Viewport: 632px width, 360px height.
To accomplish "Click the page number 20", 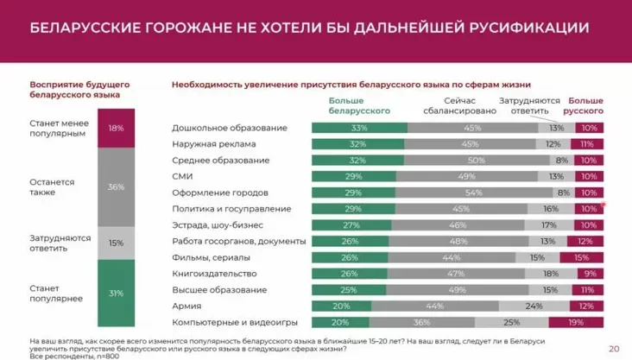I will [x=614, y=348].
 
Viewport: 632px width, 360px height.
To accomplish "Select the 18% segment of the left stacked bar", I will [x=116, y=129].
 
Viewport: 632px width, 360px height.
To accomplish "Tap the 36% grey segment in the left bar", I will [x=116, y=187].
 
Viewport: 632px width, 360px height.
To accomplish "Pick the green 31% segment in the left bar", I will [x=116, y=293].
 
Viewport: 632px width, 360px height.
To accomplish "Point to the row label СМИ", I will [x=182, y=176].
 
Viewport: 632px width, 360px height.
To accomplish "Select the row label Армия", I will [x=186, y=306].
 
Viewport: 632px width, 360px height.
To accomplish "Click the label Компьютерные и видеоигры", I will [x=227, y=322].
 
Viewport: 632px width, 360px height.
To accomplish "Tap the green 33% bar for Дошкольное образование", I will [x=358, y=128].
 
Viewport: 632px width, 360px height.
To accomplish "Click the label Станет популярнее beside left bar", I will [x=57, y=293].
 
